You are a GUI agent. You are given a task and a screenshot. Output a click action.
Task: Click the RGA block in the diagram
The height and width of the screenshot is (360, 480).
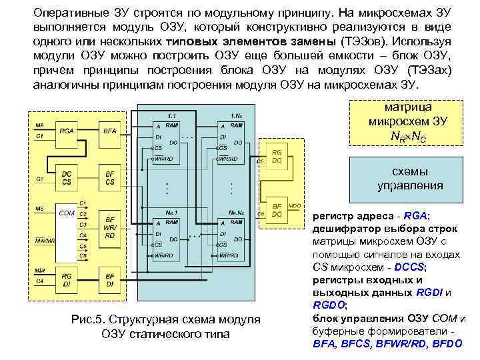(x=67, y=132)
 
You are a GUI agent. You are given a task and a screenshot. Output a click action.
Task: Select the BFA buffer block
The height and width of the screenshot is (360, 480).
(x=110, y=132)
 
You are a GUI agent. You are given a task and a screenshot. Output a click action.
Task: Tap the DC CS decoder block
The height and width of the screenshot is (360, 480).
(x=67, y=177)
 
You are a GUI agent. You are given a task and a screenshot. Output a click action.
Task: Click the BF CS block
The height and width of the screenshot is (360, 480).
(x=110, y=177)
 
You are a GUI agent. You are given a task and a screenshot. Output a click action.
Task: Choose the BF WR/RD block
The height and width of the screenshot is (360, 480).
(x=110, y=227)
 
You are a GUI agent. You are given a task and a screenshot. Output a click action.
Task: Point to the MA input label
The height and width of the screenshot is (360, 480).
(x=39, y=125)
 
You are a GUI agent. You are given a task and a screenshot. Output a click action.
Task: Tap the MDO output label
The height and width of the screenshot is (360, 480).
(x=294, y=206)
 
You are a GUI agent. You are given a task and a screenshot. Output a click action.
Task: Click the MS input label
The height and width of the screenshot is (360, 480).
(x=39, y=209)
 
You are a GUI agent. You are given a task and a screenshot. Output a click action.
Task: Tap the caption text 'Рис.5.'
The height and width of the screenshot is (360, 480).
(x=89, y=320)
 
